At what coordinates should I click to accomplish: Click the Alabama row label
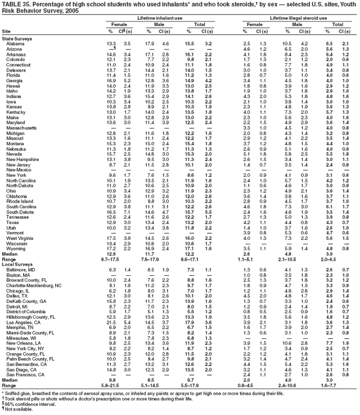tap(15, 43)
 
